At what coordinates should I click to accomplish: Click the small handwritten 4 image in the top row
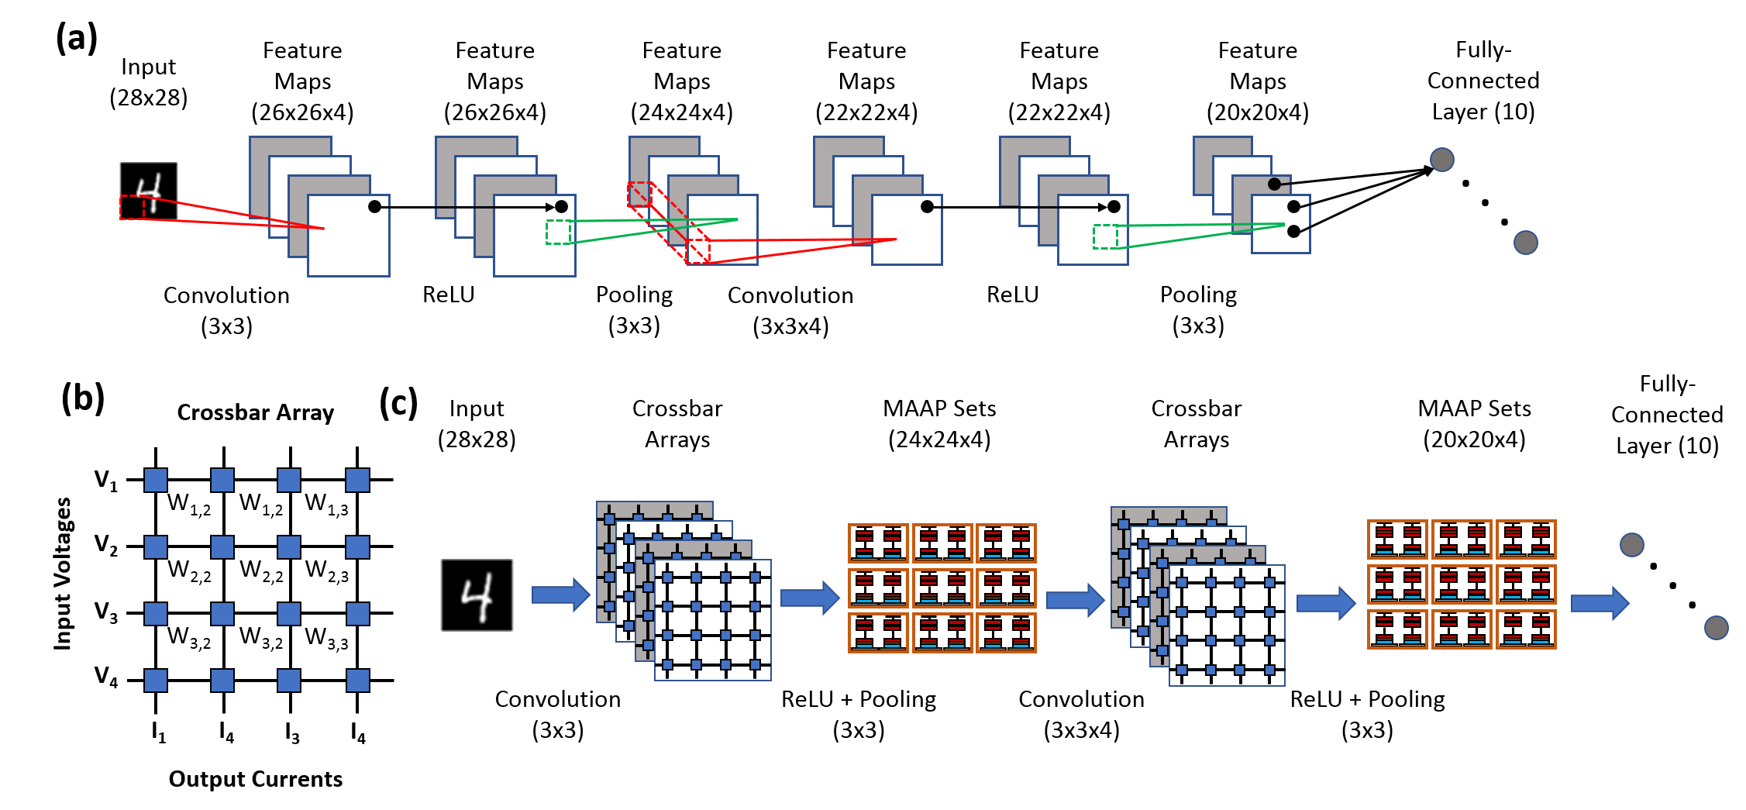coord(149,191)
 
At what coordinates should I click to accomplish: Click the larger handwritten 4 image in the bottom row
coord(477,595)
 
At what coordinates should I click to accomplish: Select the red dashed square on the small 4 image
coord(133,207)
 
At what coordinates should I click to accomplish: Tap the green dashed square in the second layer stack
coord(558,232)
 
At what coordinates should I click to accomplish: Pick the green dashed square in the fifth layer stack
coord(1105,236)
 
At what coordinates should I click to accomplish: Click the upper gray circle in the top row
coord(1442,160)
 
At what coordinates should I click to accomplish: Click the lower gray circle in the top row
coord(1526,243)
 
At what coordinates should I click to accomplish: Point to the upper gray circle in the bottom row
coord(1632,545)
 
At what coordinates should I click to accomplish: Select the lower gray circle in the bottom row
coord(1717,628)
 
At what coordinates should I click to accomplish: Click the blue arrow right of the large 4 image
coord(560,595)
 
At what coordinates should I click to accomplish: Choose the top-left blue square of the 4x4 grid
coord(156,480)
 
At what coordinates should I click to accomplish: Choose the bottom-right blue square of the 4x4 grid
coord(358,681)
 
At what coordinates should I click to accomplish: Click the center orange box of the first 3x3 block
coord(942,588)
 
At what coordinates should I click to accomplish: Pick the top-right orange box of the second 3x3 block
coord(1526,539)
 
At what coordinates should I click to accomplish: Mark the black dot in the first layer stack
coord(374,206)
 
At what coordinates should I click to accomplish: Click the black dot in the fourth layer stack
coord(927,206)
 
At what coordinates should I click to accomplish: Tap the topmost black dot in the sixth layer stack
coord(1274,184)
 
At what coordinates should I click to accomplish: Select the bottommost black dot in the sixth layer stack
coord(1293,231)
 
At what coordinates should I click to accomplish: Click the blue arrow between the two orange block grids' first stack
coord(1075,600)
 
